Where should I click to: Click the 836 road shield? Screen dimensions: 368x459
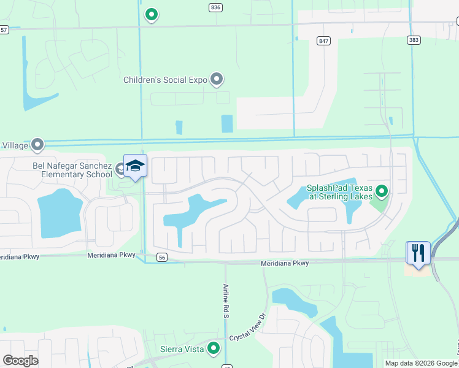[215, 7]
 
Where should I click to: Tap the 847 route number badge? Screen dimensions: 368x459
[323, 40]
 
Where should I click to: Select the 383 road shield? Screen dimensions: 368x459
[413, 40]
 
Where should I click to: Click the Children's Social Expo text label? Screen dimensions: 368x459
[165, 80]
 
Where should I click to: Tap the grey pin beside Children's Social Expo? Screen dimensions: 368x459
[216, 79]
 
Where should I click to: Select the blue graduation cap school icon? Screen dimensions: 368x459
[135, 166]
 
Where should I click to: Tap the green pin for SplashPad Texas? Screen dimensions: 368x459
[382, 192]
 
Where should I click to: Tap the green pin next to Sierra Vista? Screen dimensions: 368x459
[214, 348]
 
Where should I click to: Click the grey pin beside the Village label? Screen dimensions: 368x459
[37, 145]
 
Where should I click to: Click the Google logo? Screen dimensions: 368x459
[20, 361]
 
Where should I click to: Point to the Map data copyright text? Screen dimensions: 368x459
[421, 363]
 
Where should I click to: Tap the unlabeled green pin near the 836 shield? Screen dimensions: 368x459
[152, 14]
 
